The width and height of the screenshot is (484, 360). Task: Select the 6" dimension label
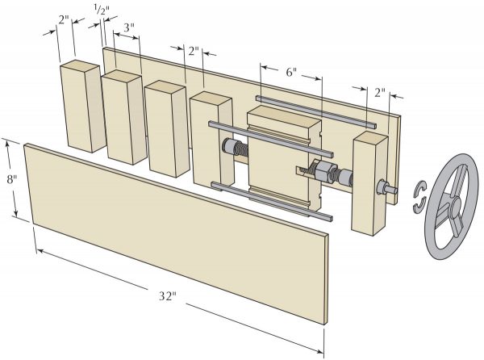click(x=290, y=72)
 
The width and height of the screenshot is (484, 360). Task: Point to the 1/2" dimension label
click(x=102, y=10)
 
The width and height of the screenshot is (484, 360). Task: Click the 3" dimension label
click(x=127, y=27)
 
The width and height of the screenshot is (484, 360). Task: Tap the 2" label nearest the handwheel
click(x=378, y=92)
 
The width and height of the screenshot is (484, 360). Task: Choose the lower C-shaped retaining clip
click(x=416, y=207)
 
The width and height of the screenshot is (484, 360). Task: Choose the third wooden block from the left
click(x=165, y=129)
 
